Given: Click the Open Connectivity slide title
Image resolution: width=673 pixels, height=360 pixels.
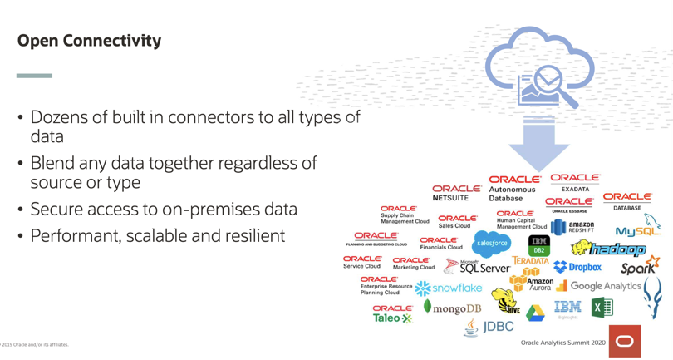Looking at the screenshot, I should click(x=89, y=40).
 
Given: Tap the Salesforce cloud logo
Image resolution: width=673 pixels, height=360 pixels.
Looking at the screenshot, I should click(x=492, y=244).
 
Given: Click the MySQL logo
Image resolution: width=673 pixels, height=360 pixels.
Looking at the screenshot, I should click(x=637, y=229).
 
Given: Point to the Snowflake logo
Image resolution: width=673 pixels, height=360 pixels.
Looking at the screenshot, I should click(x=449, y=288).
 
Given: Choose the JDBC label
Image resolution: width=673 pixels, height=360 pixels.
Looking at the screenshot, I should click(x=497, y=327).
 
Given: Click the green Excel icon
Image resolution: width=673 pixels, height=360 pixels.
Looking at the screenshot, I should click(x=602, y=308).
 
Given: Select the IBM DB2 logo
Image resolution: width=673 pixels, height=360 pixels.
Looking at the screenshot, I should click(x=539, y=245).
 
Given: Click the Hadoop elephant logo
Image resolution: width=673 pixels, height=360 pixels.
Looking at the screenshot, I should click(x=608, y=249).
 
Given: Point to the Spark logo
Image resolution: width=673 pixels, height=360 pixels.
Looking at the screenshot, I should click(x=640, y=267).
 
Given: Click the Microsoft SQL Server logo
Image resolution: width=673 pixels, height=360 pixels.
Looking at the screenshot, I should click(x=477, y=267).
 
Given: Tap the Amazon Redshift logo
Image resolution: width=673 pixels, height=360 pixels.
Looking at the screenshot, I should click(x=573, y=226).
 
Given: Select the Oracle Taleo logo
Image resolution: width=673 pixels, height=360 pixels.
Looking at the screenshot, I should click(x=392, y=313).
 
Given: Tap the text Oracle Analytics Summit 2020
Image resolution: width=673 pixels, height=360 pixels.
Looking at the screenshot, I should click(x=562, y=343).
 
